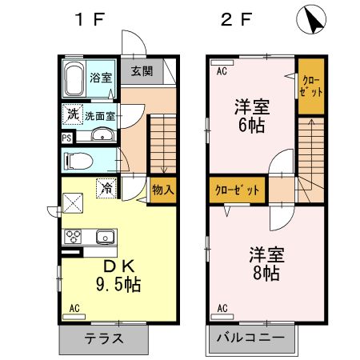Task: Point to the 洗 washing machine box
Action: pyautogui.click(x=73, y=114)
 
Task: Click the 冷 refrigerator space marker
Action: pyautogui.click(x=106, y=189)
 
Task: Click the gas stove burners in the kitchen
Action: pyautogui.click(x=74, y=236)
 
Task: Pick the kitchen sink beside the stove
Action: pyautogui.click(x=104, y=236)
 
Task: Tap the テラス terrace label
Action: pyautogui.click(x=104, y=338)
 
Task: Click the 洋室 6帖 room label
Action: pyautogui.click(x=250, y=114)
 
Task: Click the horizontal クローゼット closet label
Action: pyautogui.click(x=238, y=190)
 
